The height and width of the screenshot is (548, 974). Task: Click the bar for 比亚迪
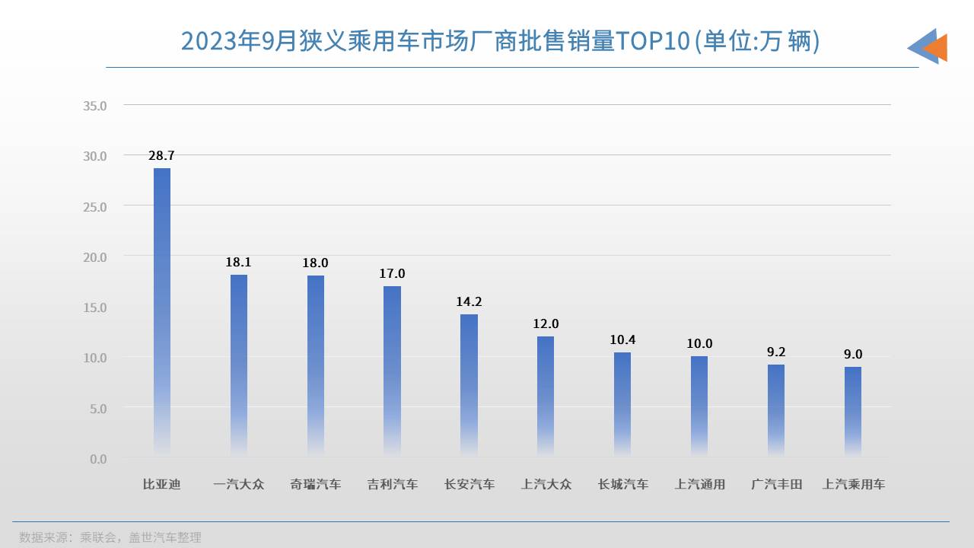162,312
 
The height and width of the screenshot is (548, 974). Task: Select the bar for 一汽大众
239,365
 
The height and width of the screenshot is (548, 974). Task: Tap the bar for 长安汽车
469,385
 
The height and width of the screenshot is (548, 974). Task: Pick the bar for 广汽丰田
776,410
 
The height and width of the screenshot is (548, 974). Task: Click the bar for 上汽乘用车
853,411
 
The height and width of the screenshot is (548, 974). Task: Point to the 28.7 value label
161,155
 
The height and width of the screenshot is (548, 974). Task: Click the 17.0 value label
392,273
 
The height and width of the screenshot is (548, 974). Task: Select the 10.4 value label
622,339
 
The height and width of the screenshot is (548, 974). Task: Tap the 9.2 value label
776,352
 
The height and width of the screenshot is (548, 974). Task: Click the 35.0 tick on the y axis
95,105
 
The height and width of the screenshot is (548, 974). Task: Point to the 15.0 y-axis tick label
95,307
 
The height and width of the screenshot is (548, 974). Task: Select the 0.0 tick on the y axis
98,459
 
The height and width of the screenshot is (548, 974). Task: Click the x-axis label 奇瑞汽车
316,484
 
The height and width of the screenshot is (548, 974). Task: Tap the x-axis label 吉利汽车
392,484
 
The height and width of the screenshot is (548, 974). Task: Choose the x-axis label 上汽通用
699,484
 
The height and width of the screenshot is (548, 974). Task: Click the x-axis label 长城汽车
622,484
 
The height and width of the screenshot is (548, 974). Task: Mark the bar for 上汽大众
546,396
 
